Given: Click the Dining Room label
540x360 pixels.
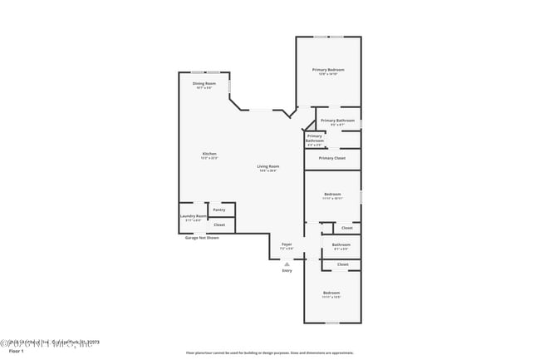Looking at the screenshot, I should point(204,85).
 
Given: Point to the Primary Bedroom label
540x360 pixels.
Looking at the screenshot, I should point(328,71).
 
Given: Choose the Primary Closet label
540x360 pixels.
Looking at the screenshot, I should point(331,158).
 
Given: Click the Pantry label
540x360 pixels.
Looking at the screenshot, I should point(219,210).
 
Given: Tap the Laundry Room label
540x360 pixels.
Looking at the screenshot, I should point(193,217).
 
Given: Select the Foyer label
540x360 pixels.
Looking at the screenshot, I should point(287,245).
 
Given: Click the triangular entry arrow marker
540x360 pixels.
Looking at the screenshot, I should point(287,264).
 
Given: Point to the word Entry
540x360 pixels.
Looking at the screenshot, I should point(287,270).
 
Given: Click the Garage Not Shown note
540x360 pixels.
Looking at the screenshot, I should point(202,238).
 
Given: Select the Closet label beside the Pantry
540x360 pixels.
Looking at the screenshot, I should point(219,224).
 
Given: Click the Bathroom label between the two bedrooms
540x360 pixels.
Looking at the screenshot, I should point(341,245).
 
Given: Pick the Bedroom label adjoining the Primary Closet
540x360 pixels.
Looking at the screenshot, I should point(332,195).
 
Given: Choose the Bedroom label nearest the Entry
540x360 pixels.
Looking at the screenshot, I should point(331,293).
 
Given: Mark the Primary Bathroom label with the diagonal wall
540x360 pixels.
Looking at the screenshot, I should point(315,139).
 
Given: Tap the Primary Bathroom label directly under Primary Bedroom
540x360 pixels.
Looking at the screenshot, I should point(337,121).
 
